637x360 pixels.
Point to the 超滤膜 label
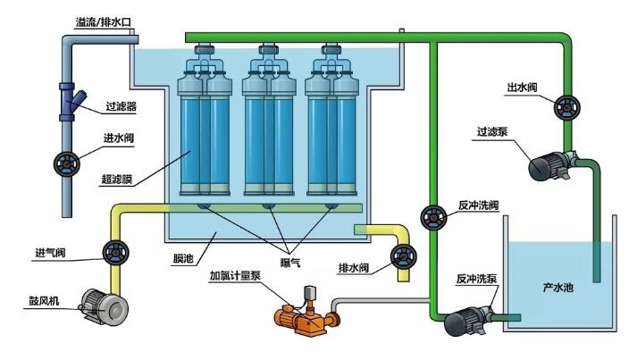117,179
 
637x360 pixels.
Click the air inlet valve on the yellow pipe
114,251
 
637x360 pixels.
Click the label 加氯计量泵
236,275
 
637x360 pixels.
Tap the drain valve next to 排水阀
400,259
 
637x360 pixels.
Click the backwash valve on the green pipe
433,216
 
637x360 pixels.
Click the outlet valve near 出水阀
564,106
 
